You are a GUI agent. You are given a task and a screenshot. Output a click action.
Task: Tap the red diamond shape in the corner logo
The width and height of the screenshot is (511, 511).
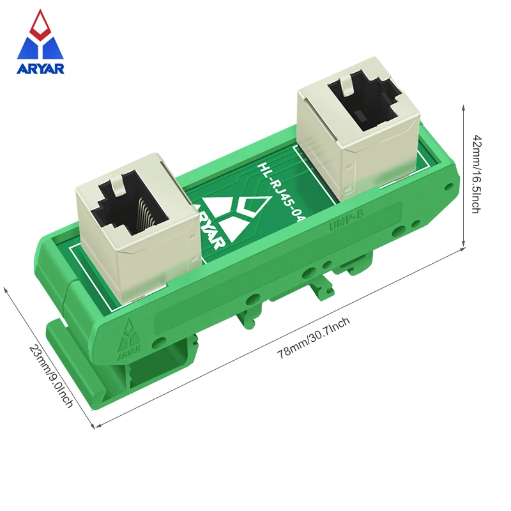coord(41,24)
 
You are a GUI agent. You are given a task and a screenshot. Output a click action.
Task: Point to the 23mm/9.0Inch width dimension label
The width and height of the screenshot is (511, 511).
coord(50,378)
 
